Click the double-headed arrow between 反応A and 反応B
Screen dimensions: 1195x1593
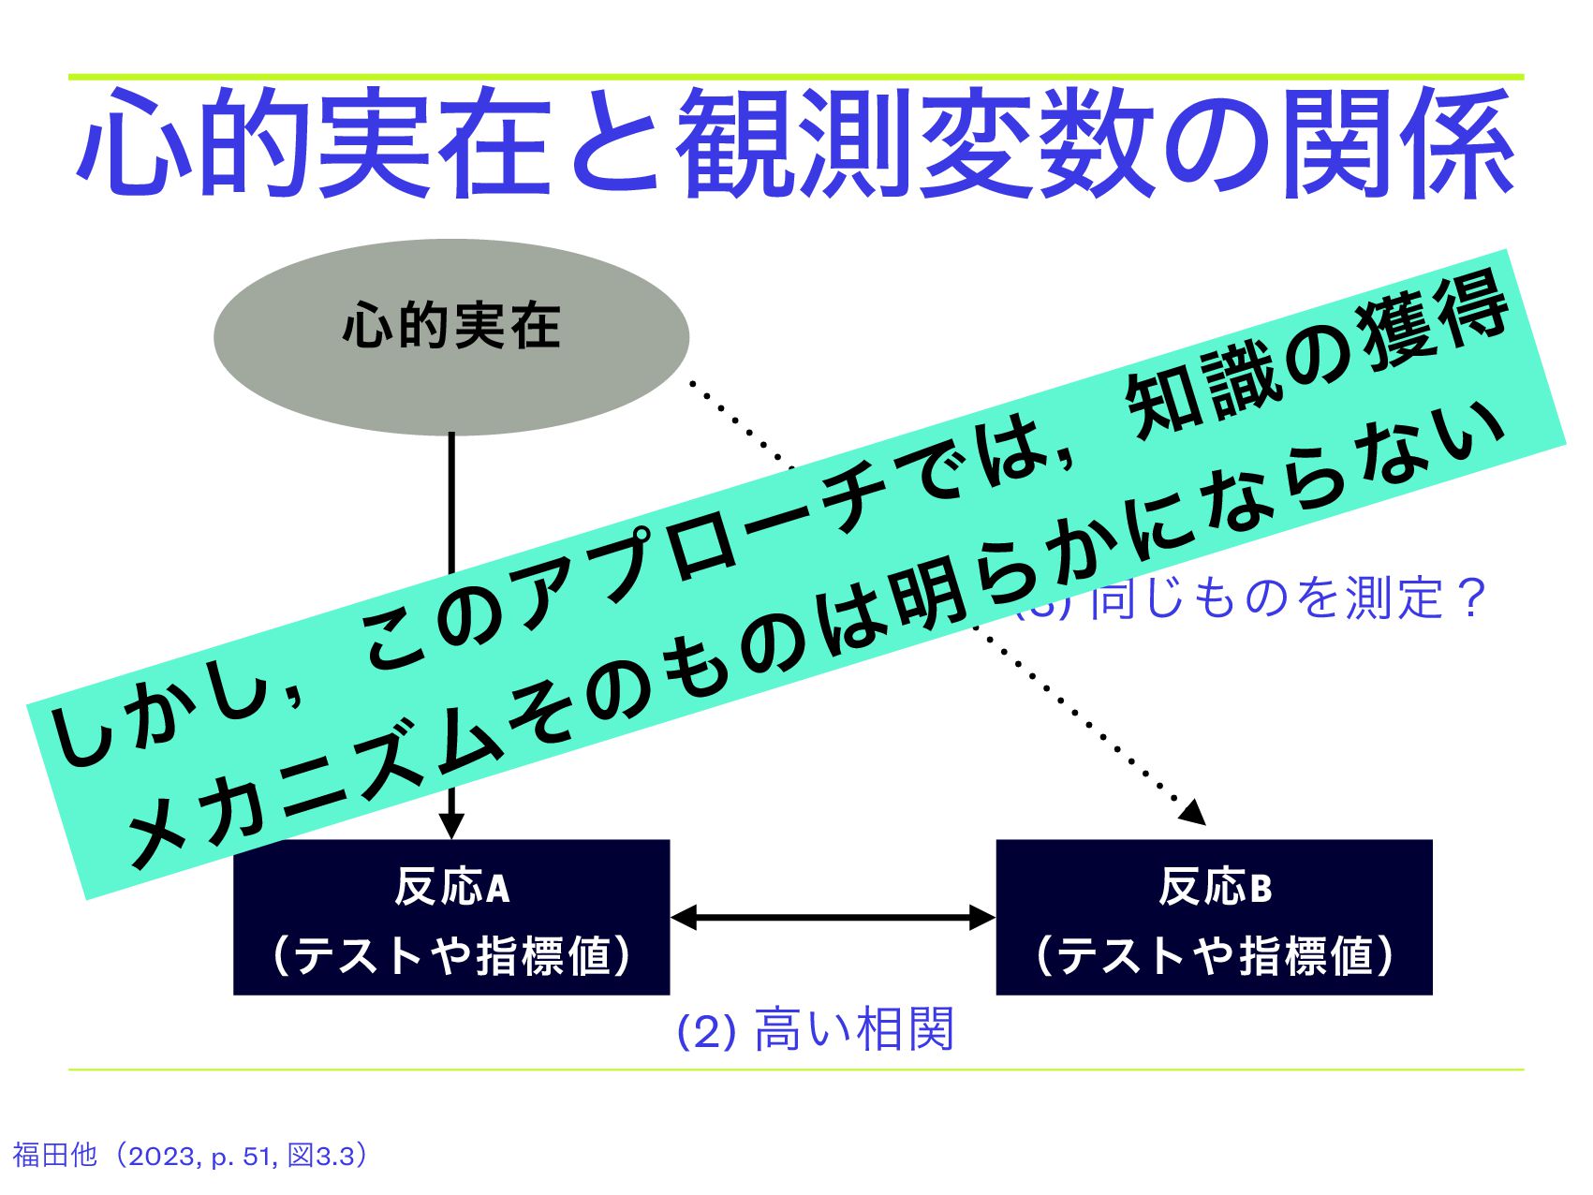click(x=833, y=917)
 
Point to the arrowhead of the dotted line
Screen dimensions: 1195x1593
click(x=1193, y=812)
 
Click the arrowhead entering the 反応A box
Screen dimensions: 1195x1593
click(x=451, y=825)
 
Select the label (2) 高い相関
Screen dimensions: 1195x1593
click(x=814, y=1029)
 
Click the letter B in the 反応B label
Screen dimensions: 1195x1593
click(x=1261, y=889)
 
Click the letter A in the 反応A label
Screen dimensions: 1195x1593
click(x=498, y=889)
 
